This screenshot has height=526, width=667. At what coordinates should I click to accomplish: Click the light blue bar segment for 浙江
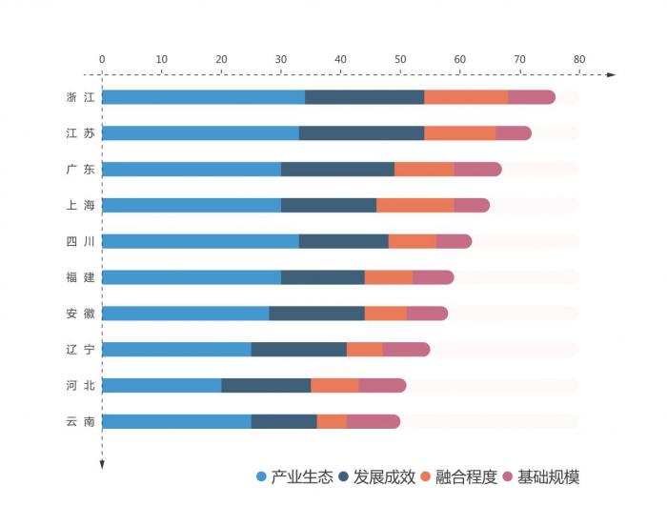(203, 97)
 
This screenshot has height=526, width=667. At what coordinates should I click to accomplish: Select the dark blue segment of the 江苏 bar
(361, 133)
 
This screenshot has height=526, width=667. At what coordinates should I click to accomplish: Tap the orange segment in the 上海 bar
(415, 205)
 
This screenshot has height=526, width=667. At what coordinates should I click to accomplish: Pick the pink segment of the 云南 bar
(374, 421)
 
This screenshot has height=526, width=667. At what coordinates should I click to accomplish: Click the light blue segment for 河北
(161, 385)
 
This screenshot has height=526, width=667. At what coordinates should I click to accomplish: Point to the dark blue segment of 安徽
(316, 314)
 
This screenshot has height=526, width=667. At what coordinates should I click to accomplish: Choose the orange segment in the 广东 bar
(424, 169)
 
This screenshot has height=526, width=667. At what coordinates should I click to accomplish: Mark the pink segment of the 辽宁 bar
(406, 349)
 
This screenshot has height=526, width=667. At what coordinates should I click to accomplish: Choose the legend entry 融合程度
(466, 477)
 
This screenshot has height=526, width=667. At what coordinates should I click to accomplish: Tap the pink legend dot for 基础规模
(508, 477)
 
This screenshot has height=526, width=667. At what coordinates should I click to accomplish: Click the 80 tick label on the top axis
(578, 59)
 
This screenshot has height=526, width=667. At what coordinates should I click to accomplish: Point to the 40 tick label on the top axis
(340, 59)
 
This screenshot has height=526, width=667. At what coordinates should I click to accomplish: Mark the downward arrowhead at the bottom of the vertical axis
(102, 464)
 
